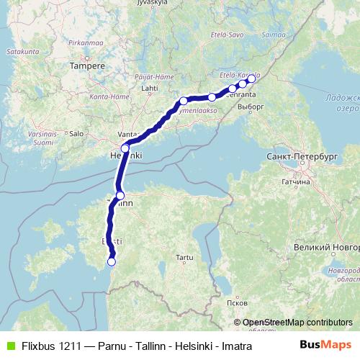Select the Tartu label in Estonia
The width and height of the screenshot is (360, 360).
pos(185,257)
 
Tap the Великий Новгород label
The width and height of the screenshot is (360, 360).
pos(323,248)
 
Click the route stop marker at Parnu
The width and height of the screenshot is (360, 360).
pos(111,262)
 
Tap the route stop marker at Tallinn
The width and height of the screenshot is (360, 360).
pos(120,196)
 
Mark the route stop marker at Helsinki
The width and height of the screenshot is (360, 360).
pos(125,149)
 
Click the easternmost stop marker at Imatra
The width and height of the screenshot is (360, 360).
pos(251,79)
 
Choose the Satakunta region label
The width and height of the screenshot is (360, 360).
pos(20,53)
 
